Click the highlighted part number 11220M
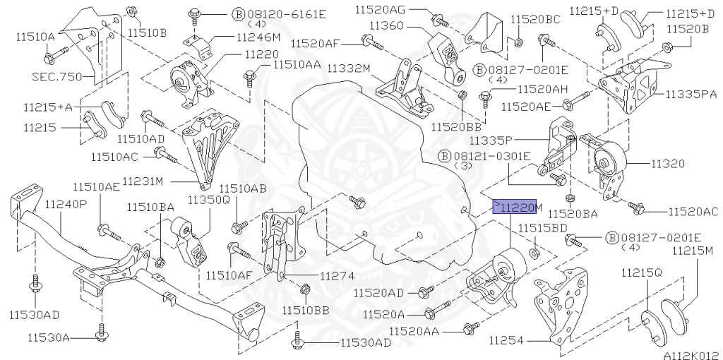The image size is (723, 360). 515,207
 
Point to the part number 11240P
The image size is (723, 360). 66,205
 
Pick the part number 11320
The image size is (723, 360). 667,163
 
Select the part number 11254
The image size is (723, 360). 506,340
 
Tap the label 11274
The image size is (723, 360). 337,276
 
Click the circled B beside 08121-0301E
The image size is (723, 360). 444,155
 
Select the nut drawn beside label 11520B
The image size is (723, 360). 667,47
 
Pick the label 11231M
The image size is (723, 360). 143,181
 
